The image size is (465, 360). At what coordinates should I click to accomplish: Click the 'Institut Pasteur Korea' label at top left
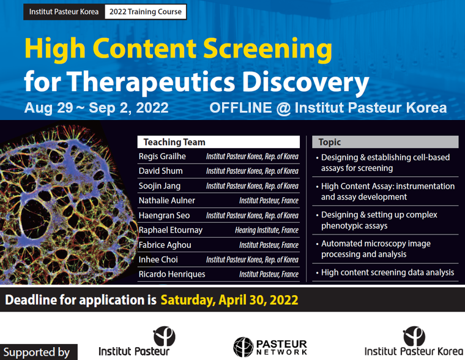[64, 12]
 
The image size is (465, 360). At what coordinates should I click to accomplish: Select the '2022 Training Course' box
[146, 12]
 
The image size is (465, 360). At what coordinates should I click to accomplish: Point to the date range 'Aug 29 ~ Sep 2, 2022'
[96, 108]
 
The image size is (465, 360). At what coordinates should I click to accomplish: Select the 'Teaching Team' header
[174, 142]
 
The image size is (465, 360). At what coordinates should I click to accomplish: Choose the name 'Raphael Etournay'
[171, 230]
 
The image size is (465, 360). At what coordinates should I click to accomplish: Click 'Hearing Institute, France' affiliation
[267, 231]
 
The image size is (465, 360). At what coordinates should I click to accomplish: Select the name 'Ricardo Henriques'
[172, 274]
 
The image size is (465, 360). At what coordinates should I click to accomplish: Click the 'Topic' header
[330, 142]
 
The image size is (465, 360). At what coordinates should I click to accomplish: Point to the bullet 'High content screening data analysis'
[387, 272]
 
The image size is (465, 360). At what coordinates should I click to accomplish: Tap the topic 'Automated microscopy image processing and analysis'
[376, 249]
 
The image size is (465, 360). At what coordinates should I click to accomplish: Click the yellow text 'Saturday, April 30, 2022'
[229, 301]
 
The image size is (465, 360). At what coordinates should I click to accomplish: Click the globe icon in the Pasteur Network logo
[243, 347]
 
